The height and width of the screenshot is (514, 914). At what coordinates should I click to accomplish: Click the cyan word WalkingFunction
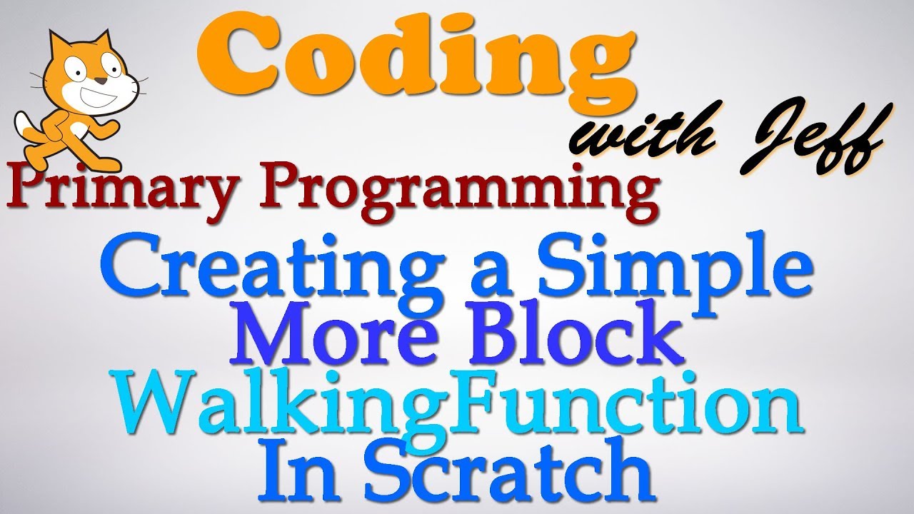pos(464,410)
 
